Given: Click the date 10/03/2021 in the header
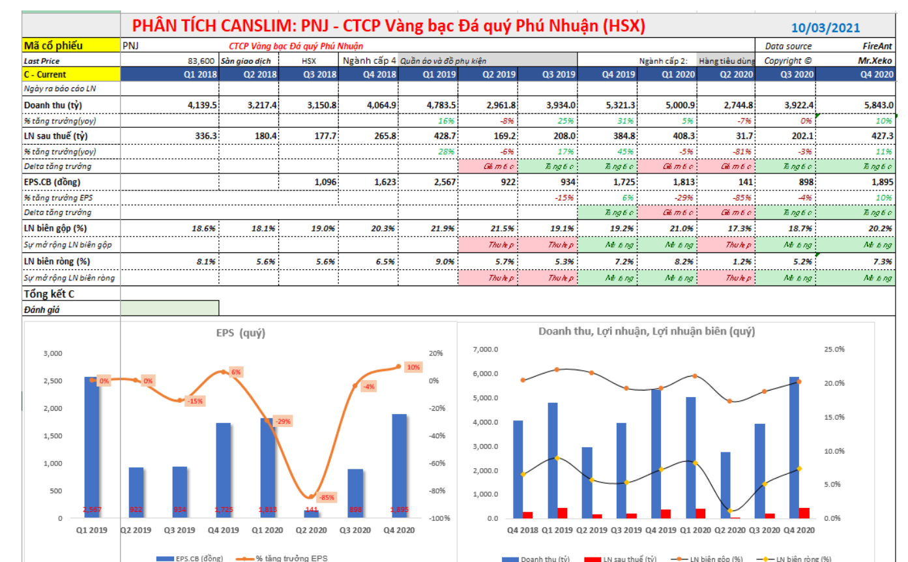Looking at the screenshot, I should pyautogui.click(x=825, y=27).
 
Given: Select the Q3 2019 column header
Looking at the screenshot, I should pyautogui.click(x=559, y=74).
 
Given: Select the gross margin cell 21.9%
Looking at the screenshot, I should pyautogui.click(x=443, y=228).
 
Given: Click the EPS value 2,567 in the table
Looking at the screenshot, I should pyautogui.click(x=443, y=182).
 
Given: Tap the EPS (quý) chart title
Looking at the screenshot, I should pyautogui.click(x=241, y=333).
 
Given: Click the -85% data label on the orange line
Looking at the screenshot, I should pyautogui.click(x=327, y=497).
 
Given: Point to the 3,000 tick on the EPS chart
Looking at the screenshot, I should pyautogui.click(x=53, y=353).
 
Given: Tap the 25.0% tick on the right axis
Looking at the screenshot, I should pyautogui.click(x=834, y=349).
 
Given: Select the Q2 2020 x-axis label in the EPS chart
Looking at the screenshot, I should pyautogui.click(x=312, y=531).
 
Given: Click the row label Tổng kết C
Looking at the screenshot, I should pyautogui.click(x=50, y=293).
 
